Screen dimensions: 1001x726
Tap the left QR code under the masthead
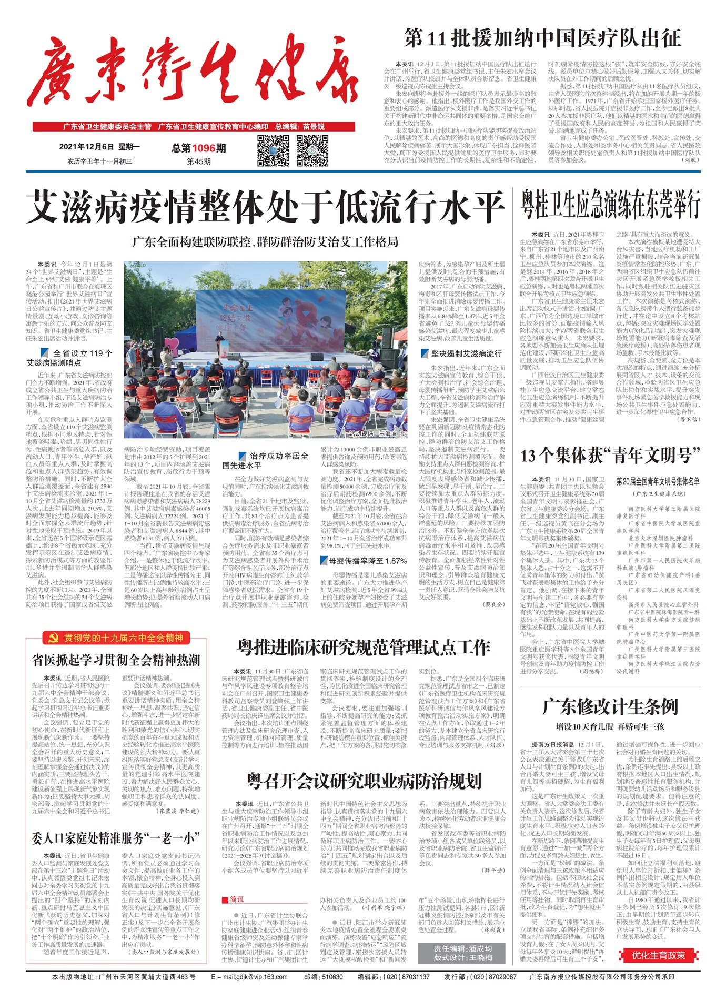[273, 150]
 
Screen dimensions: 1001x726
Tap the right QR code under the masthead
[312, 150]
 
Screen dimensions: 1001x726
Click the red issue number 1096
[203, 148]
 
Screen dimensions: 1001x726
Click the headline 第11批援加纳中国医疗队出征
[542, 38]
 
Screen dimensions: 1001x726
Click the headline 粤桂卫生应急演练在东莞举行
[611, 205]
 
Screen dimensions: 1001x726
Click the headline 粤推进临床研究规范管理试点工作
[364, 648]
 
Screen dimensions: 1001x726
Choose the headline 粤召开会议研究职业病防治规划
[364, 781]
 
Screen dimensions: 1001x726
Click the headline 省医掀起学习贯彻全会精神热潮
[116, 660]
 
